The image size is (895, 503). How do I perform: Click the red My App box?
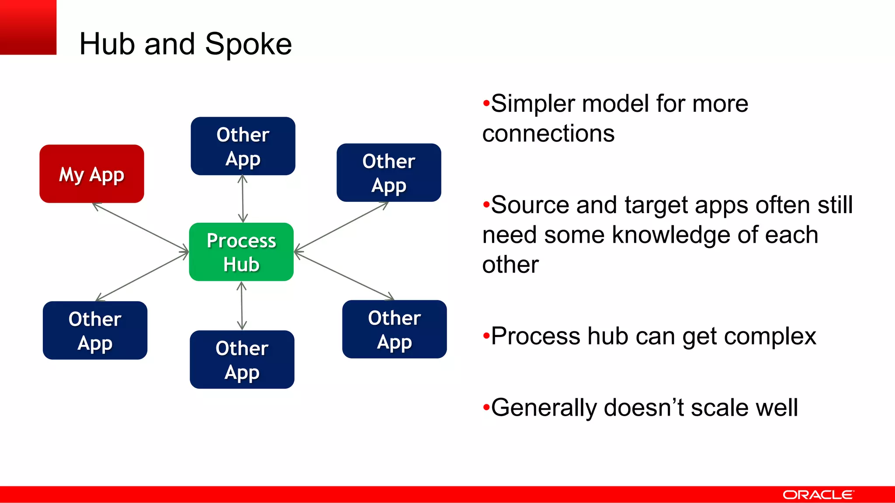pyautogui.click(x=92, y=174)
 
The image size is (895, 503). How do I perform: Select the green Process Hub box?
pyautogui.click(x=241, y=252)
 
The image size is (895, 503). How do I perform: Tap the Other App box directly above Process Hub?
pyautogui.click(x=243, y=146)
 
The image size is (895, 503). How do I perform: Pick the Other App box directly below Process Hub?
pyautogui.click(x=242, y=359)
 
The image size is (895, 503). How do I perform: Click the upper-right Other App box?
pyautogui.click(x=389, y=172)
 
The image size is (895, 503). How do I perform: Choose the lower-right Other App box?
pyautogui.click(x=394, y=329)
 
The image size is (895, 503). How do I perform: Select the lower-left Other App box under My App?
pyautogui.click(x=95, y=331)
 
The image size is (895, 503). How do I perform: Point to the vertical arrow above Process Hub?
pyautogui.click(x=243, y=199)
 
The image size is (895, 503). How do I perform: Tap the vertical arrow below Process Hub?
pyautogui.click(x=242, y=306)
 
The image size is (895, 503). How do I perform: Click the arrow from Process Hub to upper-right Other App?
pyautogui.click(x=341, y=227)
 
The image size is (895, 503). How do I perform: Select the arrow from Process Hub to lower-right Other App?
pyautogui.click(x=344, y=276)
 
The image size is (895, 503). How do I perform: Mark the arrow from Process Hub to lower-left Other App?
pyautogui.click(x=142, y=276)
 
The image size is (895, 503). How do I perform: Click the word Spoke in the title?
pyautogui.click(x=248, y=44)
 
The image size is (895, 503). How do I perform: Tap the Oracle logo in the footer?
pyautogui.click(x=818, y=495)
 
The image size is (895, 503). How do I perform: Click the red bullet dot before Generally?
pyautogui.click(x=486, y=408)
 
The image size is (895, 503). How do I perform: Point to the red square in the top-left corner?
pyautogui.click(x=28, y=27)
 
